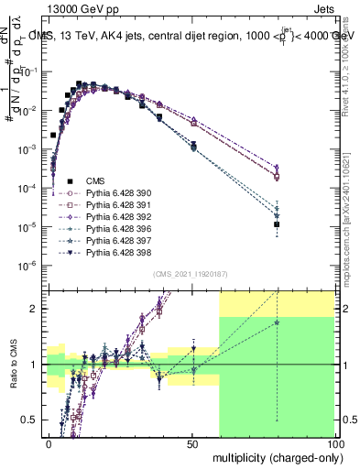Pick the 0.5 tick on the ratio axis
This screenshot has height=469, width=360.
33,420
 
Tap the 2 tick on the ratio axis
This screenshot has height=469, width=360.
38,309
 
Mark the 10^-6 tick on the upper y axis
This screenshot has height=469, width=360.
30,266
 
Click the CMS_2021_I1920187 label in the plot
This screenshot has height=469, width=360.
190,274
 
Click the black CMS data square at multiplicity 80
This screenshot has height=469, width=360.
277,224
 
